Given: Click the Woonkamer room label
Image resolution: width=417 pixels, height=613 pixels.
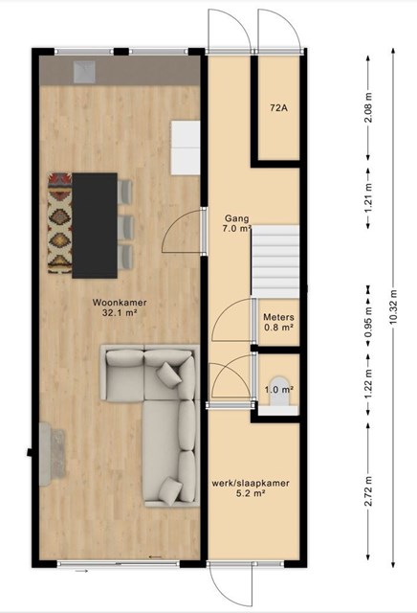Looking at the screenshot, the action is click(x=120, y=303).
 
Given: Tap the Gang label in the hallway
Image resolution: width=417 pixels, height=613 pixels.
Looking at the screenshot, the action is click(x=236, y=218).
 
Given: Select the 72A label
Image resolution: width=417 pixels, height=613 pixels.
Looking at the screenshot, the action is click(x=278, y=108).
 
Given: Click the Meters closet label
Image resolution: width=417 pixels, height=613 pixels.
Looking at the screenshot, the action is click(x=278, y=317).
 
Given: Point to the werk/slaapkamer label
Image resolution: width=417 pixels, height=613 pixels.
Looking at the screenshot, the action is click(x=251, y=483).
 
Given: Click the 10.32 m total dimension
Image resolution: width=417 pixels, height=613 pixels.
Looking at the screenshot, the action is click(x=393, y=306).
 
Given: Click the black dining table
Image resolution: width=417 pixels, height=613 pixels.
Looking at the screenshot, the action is click(x=95, y=226).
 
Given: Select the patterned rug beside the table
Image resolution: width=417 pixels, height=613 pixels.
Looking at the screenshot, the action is click(x=59, y=223).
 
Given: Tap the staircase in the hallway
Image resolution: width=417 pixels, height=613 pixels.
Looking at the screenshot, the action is click(x=275, y=261).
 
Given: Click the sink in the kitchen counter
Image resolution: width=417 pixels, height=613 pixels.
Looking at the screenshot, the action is click(x=84, y=72).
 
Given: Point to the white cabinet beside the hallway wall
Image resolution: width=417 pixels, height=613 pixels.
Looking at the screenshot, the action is click(x=186, y=148).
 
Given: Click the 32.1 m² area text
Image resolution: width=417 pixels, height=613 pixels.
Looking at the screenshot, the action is click(x=120, y=312).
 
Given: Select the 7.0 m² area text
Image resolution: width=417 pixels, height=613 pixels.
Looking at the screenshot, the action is click(x=236, y=229).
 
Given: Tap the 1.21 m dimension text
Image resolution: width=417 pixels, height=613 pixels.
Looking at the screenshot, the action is click(x=368, y=198).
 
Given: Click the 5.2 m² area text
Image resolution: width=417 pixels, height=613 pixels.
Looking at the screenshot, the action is click(x=251, y=493).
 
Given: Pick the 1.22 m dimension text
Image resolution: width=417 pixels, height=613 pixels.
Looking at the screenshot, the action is click(x=368, y=385).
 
